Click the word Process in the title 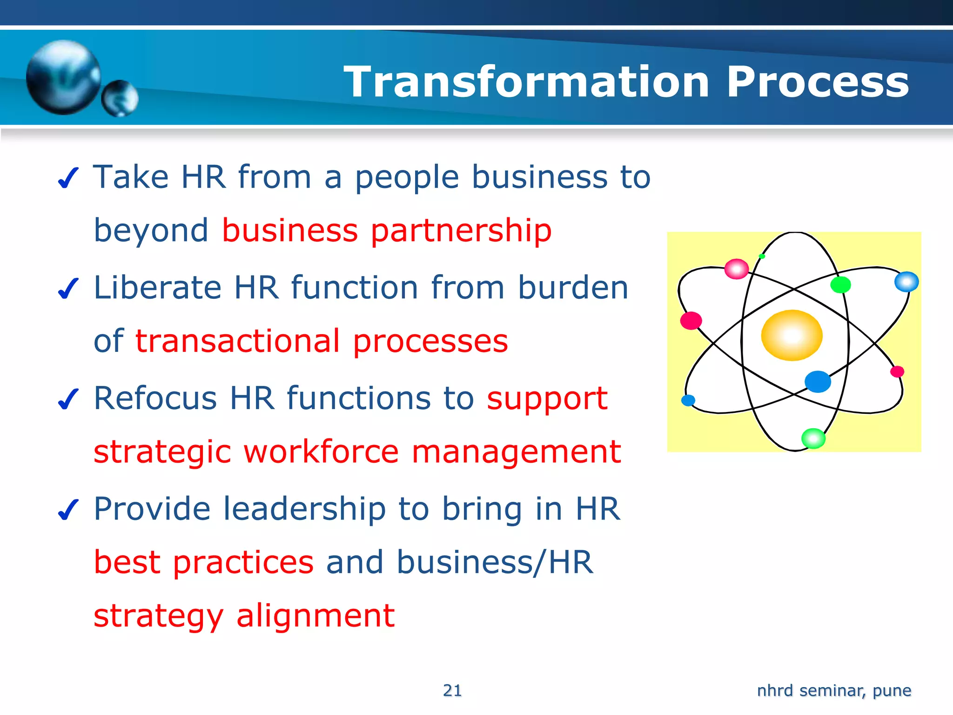(818, 82)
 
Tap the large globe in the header (63, 77)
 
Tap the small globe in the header (120, 98)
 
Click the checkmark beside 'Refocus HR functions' (68, 399)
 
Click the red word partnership (461, 231)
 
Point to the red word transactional (238, 341)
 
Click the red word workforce (321, 452)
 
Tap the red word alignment (315, 615)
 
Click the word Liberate (157, 287)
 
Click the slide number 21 (452, 690)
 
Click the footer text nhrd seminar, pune (834, 690)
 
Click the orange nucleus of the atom (792, 335)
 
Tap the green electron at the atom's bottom (813, 438)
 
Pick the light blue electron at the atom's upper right (906, 282)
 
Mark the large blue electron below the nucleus (818, 382)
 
